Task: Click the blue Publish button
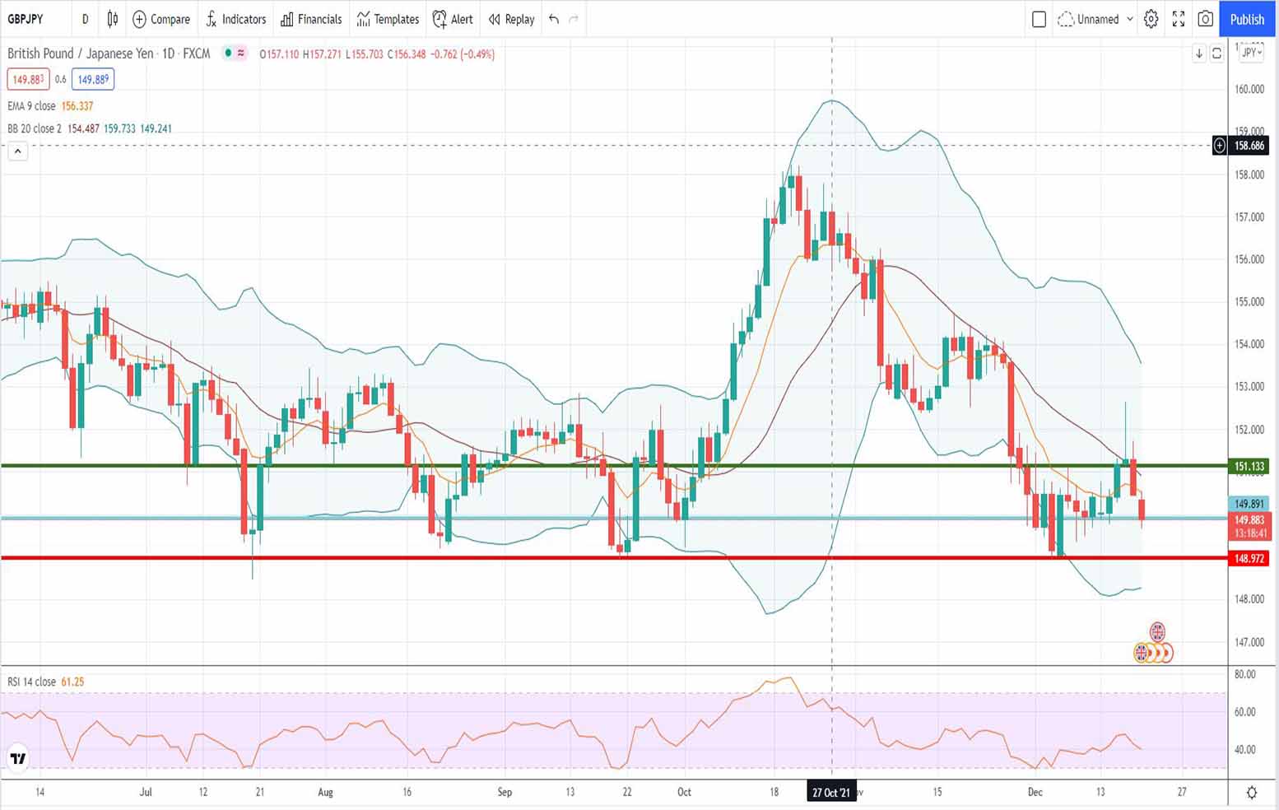(x=1246, y=19)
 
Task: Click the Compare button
(x=161, y=19)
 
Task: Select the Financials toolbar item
(x=311, y=19)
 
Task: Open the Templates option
(x=388, y=19)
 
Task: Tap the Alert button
(x=453, y=19)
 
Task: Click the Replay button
(x=511, y=19)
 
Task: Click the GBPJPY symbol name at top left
(x=26, y=19)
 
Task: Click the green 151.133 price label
(x=1249, y=467)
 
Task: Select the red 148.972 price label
(x=1249, y=559)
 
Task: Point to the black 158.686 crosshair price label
(x=1249, y=146)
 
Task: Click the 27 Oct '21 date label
(x=830, y=792)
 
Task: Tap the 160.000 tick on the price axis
(x=1249, y=89)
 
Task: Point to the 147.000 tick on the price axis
(x=1249, y=641)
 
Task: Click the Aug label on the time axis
(x=325, y=792)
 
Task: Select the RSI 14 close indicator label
(x=31, y=682)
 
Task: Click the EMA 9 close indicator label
(x=31, y=106)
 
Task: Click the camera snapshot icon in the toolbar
(x=1205, y=19)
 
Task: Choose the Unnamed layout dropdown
(x=1097, y=19)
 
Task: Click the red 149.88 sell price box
(x=27, y=80)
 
